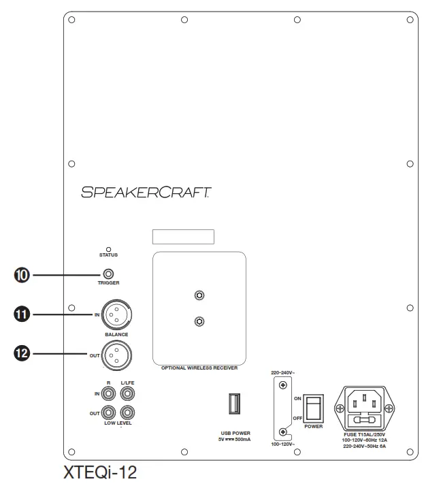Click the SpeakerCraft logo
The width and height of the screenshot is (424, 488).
146,192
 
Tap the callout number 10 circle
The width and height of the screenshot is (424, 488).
22,275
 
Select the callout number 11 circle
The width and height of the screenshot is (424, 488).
22,314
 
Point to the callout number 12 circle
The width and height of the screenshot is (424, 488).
22,353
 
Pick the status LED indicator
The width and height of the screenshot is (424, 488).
108,250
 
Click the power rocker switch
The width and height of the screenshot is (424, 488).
313,407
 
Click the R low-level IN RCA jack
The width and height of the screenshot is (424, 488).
108,393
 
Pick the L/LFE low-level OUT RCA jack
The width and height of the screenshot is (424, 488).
127,412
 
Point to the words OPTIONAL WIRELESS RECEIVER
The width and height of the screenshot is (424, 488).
199,368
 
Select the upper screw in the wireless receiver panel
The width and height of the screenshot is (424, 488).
199,295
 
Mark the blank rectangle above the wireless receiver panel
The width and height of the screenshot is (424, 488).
182,237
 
